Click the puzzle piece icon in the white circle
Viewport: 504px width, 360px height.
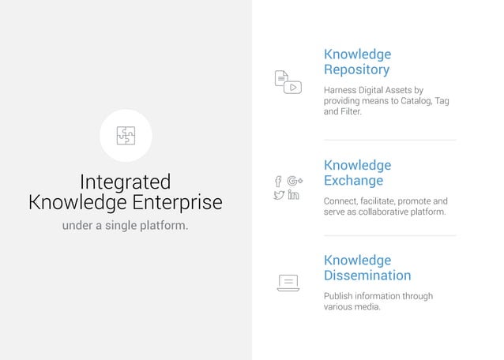126,135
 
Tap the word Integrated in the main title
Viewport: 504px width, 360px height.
126,182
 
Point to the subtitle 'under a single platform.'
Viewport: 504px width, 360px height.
126,226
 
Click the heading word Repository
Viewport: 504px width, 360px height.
356,69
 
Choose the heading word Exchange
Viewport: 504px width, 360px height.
353,181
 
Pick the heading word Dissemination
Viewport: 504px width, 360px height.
367,276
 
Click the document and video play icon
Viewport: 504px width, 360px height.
288,82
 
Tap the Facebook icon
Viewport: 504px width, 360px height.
278,182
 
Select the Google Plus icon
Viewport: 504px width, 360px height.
295,181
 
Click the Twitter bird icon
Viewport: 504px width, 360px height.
278,195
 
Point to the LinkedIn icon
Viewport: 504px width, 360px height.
294,195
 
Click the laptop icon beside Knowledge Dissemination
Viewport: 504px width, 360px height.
288,283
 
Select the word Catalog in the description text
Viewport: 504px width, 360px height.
413,101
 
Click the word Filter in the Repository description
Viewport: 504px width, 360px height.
351,112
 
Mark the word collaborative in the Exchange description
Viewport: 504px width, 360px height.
375,212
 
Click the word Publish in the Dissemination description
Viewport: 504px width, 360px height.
340,296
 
